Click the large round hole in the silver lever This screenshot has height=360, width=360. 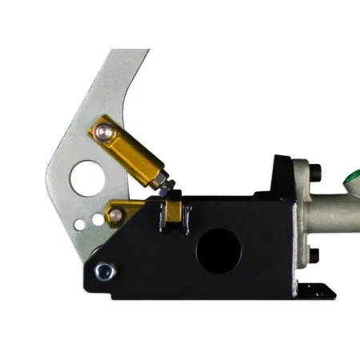(x=86, y=178)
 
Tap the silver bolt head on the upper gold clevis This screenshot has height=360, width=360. (x=106, y=132)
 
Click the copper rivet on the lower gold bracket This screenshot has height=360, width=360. (x=116, y=214)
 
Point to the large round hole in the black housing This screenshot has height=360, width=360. (x=218, y=250)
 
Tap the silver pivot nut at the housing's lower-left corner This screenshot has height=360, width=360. (x=105, y=271)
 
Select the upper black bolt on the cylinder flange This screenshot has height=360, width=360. (x=315, y=171)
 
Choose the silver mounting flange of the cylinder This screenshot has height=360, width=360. (x=303, y=212)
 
